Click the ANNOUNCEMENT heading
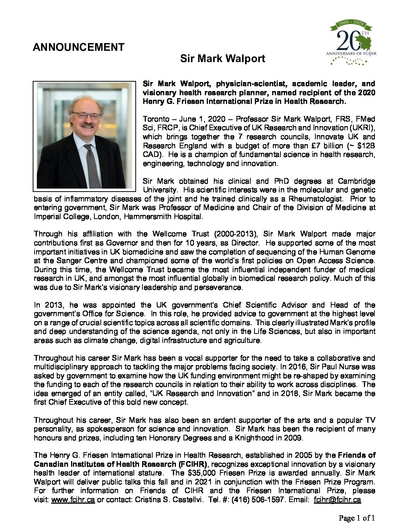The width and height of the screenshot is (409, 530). (78, 47)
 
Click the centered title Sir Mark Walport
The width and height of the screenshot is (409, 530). (223, 59)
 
